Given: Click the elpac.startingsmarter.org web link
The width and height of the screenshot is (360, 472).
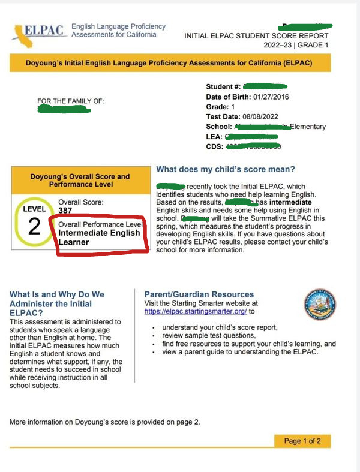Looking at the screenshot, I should click(x=196, y=311).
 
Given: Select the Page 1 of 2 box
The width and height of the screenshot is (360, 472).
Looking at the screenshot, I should click(x=302, y=441).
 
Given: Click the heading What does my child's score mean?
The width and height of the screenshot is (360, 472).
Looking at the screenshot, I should click(x=225, y=170).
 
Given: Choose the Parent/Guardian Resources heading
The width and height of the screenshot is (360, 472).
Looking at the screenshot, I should click(x=199, y=294).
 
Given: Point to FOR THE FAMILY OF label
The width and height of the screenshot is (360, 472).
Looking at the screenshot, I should click(x=70, y=101).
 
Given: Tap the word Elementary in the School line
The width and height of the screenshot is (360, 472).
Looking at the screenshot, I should click(x=308, y=127).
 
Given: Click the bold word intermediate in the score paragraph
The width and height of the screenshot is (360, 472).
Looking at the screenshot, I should click(x=301, y=203).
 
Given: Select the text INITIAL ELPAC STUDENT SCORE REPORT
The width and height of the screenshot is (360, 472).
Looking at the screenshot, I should click(x=257, y=36).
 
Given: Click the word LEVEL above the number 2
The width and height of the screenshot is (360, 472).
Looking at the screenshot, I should click(x=34, y=209).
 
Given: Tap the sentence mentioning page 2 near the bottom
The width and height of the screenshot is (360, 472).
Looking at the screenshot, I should click(x=105, y=422).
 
